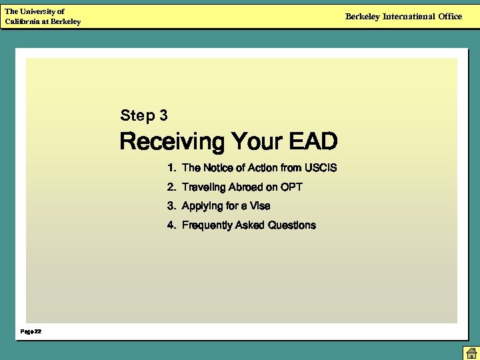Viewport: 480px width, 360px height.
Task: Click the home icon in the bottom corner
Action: pyautogui.click(x=471, y=353)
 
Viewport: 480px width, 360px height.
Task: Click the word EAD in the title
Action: pyautogui.click(x=313, y=142)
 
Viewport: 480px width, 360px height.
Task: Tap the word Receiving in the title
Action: pyautogui.click(x=172, y=142)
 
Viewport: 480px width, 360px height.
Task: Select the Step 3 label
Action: pyautogui.click(x=144, y=116)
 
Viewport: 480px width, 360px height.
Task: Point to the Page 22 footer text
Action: pyautogui.click(x=31, y=331)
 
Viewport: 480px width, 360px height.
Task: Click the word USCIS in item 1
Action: pyautogui.click(x=321, y=168)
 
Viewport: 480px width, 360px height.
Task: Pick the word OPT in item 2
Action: pyautogui.click(x=291, y=187)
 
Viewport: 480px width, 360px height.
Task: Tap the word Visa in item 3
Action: pyautogui.click(x=260, y=206)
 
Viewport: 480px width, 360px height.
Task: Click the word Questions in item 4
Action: pyautogui.click(x=291, y=225)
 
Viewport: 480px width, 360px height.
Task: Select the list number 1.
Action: pyautogui.click(x=171, y=168)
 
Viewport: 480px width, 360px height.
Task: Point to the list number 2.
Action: pyautogui.click(x=171, y=187)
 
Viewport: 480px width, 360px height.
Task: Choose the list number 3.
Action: pyautogui.click(x=171, y=206)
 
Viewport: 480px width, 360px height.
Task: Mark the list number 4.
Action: pyautogui.click(x=171, y=225)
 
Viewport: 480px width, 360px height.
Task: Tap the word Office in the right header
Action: pyautogui.click(x=450, y=17)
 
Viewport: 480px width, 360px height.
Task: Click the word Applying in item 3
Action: pyautogui.click(x=201, y=206)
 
